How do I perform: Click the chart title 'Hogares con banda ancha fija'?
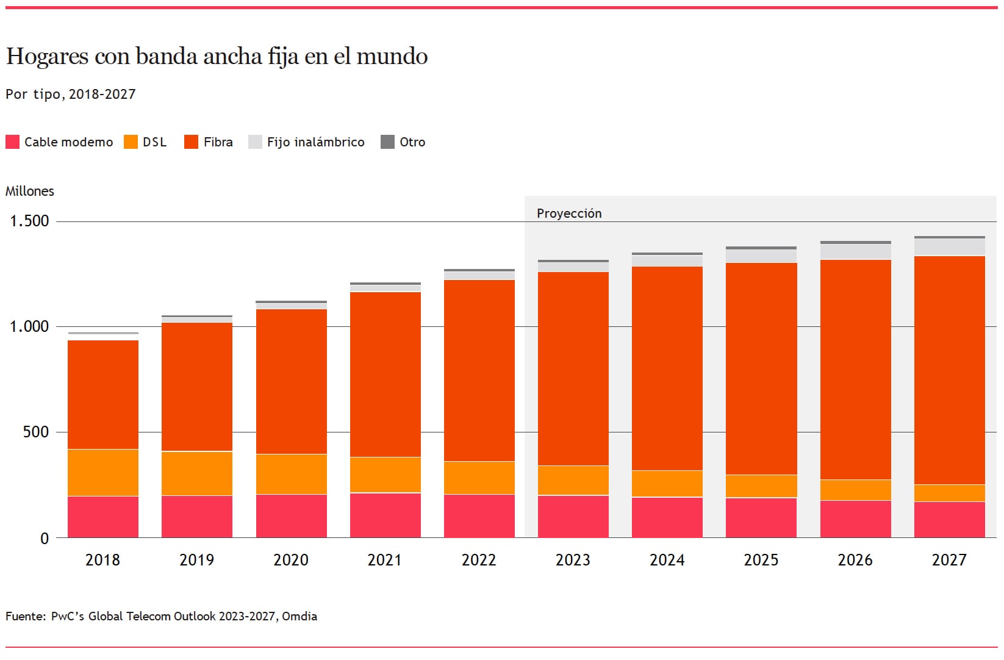pos(217,57)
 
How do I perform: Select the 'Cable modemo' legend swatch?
pos(12,142)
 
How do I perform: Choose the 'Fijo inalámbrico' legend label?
pos(315,142)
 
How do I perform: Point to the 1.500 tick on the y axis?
pos(29,221)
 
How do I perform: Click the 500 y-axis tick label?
pos(36,432)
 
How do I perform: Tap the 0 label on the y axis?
pos(45,539)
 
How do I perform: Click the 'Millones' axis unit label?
pos(30,191)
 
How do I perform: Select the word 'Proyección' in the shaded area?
pos(569,213)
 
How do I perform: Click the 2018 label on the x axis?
pos(102,560)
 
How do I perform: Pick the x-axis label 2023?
pos(573,560)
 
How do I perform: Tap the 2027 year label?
pos(949,560)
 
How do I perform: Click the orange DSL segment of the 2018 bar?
pos(103,473)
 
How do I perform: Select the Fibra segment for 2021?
pos(385,375)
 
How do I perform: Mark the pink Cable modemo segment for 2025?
pos(761,518)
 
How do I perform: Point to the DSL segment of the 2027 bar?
pos(950,493)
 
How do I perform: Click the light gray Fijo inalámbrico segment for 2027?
pos(950,247)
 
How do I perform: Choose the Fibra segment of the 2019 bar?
pos(197,387)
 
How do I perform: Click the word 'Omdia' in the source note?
pos(299,616)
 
